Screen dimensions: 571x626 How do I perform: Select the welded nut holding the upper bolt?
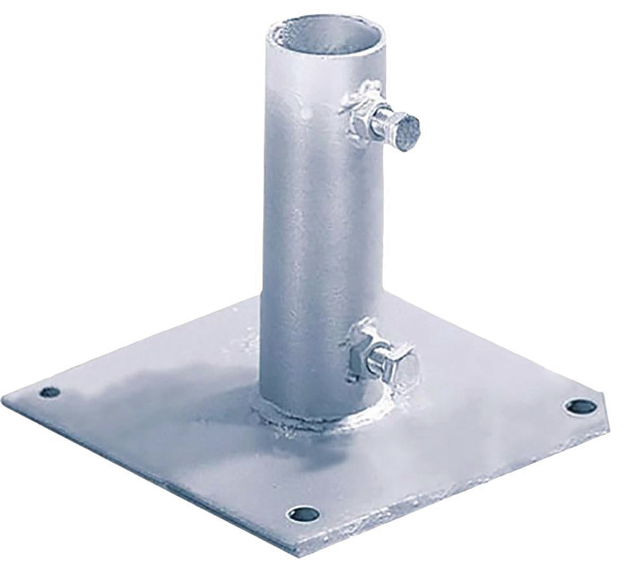[x=360, y=115]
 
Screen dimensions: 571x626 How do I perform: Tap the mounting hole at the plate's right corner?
[x=576, y=407]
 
